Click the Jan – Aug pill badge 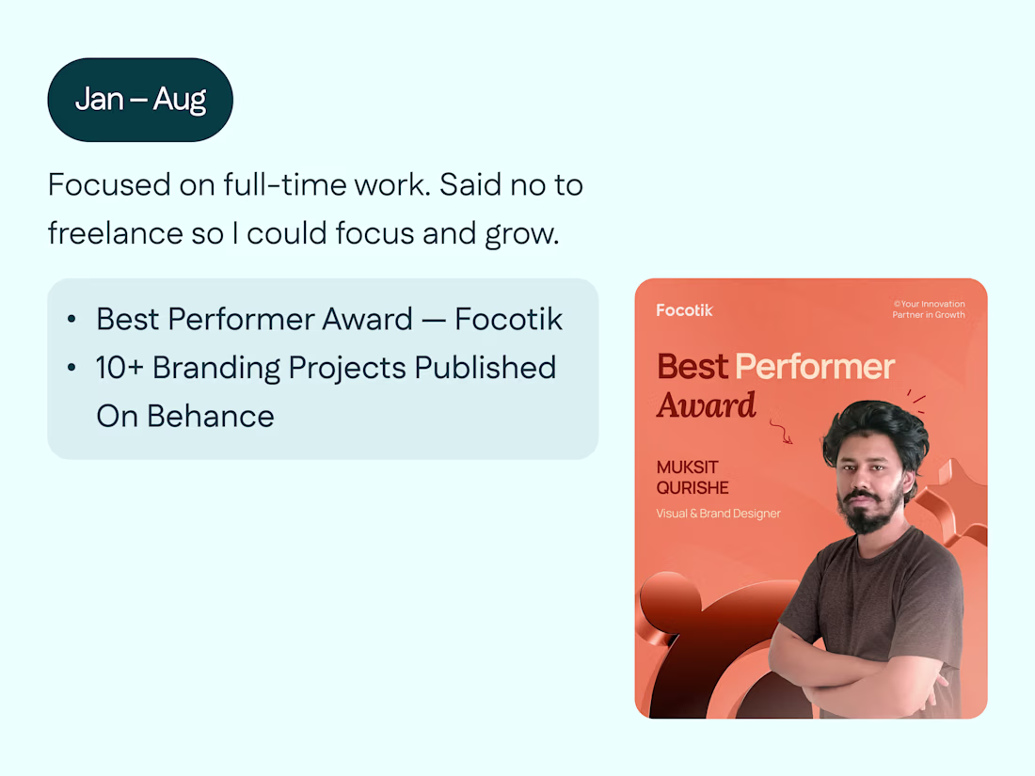[140, 100]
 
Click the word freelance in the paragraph [115, 233]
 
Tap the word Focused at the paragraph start [109, 184]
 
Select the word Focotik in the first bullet [508, 320]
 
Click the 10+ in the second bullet [119, 368]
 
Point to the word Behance [210, 417]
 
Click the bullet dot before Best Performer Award [72, 320]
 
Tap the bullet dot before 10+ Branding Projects [72, 368]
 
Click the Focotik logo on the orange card [684, 310]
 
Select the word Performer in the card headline [815, 366]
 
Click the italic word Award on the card [707, 405]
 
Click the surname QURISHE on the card [693, 487]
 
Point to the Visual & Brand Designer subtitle [718, 514]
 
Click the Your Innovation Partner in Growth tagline [929, 309]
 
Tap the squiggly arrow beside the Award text [782, 431]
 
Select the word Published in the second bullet [486, 368]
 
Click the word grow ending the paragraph [520, 234]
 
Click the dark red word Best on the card [693, 366]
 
